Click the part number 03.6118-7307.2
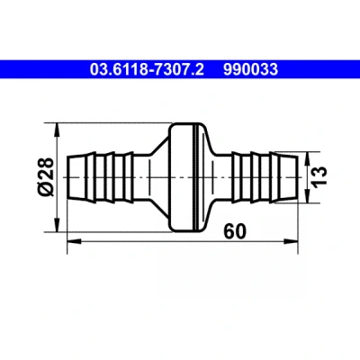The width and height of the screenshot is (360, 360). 147,69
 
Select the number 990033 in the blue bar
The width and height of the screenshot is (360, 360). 250,69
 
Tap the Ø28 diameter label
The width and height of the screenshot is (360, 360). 46,177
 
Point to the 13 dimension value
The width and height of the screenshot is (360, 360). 319,177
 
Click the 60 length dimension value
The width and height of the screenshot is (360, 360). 235,231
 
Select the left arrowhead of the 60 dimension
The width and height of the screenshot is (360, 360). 74,241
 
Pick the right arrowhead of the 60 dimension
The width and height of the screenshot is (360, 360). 291,241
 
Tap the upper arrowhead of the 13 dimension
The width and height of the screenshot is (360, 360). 307,158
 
